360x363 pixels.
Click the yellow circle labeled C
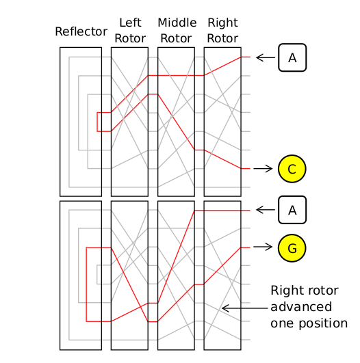point(292,169)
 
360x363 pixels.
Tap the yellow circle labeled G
point(292,248)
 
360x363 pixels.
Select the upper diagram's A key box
point(292,57)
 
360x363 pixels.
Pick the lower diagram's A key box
point(292,210)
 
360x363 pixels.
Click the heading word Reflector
point(81,31)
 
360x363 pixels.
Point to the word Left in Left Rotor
point(130,23)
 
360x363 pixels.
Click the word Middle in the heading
point(177,23)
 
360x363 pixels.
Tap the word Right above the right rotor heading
point(222,23)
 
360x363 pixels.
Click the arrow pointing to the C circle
point(263,169)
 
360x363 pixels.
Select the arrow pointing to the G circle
point(263,247)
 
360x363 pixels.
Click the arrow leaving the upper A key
point(266,57)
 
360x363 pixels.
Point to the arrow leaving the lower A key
point(266,210)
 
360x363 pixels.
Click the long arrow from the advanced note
point(245,308)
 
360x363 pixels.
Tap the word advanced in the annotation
point(301,307)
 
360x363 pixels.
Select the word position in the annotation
point(323,323)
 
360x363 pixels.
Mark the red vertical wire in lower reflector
point(86,284)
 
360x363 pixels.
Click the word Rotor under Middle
point(176,38)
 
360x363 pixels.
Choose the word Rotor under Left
point(130,38)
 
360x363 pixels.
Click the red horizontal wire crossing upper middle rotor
point(176,75)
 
